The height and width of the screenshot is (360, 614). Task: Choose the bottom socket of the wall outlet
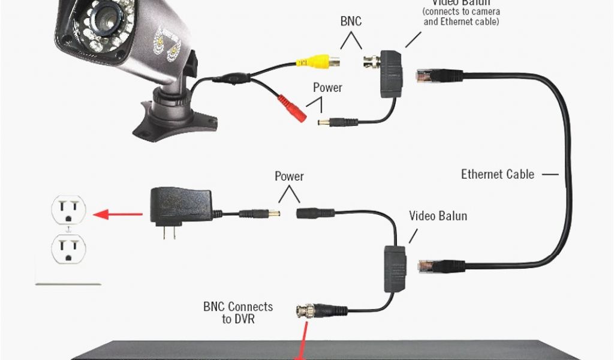click(x=68, y=247)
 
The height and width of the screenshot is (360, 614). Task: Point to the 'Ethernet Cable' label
click(x=497, y=175)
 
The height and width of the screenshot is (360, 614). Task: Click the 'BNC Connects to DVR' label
click(x=237, y=313)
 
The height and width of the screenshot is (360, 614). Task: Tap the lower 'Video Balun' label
click(x=438, y=215)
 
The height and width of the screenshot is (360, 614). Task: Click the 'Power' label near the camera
click(x=327, y=88)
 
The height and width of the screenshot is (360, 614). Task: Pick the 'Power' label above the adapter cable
click(x=289, y=176)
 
